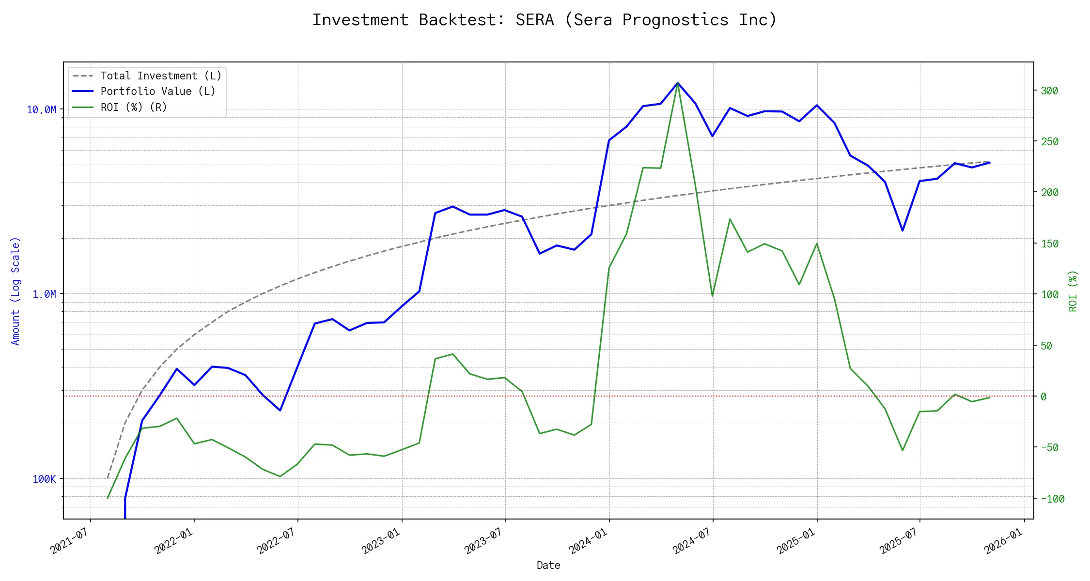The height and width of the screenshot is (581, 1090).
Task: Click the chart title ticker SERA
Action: (x=534, y=20)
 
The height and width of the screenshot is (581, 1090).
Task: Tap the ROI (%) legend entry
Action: (x=134, y=107)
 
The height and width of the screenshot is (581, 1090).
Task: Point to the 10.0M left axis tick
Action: (x=41, y=110)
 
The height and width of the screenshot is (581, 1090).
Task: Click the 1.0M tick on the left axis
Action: (x=44, y=294)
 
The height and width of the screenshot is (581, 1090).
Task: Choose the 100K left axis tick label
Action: (x=44, y=479)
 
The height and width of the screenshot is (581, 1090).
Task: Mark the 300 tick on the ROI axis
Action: (x=1049, y=91)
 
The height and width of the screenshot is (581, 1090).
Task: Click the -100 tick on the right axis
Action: (x=1052, y=499)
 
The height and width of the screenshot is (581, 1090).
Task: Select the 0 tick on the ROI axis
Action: (x=1043, y=397)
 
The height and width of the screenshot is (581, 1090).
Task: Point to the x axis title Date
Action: (x=548, y=566)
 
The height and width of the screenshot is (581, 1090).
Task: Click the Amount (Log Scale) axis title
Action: (x=16, y=291)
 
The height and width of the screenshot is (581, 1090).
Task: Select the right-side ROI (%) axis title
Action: (x=1073, y=291)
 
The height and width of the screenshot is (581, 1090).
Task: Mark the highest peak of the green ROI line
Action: (x=677, y=83)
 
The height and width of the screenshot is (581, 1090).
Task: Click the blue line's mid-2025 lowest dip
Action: (x=903, y=230)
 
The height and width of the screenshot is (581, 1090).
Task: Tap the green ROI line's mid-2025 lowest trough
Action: (x=903, y=450)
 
